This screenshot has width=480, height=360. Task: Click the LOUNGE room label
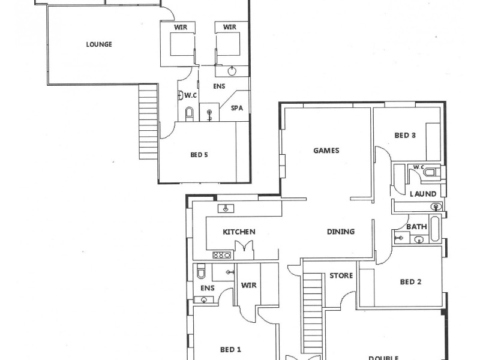click(99, 44)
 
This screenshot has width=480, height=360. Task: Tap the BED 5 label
click(199, 155)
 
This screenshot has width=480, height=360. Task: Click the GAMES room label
click(326, 151)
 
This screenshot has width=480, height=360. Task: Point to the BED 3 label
click(405, 136)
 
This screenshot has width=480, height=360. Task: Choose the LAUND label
click(422, 194)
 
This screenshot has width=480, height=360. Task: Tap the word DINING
click(340, 232)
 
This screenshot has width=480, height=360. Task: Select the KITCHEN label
click(239, 232)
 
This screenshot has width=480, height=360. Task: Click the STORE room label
click(340, 276)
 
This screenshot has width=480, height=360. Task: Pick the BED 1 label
click(230, 349)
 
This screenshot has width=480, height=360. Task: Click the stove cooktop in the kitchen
click(222, 254)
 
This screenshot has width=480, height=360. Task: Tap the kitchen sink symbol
click(225, 209)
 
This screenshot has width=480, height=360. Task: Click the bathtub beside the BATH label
click(435, 228)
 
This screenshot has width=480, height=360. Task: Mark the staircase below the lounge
click(147, 120)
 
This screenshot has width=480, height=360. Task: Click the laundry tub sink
click(436, 207)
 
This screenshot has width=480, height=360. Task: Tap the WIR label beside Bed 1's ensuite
click(249, 286)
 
